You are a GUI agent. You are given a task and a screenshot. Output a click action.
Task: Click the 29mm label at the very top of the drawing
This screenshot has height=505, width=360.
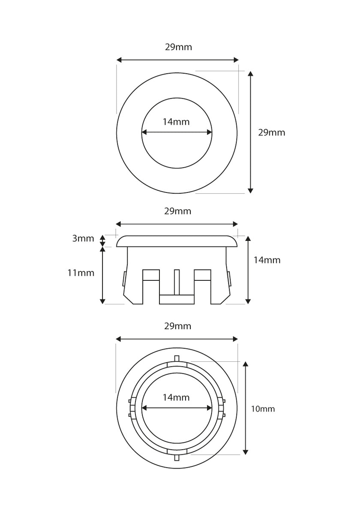click(178, 47)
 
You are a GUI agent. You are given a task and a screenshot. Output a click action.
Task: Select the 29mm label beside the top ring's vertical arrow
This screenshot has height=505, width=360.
click(271, 132)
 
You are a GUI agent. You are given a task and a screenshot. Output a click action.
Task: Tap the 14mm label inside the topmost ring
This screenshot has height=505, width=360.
click(176, 122)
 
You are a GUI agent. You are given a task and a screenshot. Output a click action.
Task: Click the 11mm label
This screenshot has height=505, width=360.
click(81, 273)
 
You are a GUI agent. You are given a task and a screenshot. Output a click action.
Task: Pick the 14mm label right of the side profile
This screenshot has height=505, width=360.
click(267, 260)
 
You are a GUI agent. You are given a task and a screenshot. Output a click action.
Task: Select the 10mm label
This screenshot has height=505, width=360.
click(263, 409)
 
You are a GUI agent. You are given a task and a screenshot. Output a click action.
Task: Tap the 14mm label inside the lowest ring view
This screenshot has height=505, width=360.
click(176, 397)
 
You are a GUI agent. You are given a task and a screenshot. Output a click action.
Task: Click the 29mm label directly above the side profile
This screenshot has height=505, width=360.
click(177, 211)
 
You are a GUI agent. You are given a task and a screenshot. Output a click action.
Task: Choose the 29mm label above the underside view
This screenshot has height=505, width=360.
click(177, 326)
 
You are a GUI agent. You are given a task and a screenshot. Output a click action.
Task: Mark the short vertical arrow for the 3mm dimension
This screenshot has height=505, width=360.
click(102, 240)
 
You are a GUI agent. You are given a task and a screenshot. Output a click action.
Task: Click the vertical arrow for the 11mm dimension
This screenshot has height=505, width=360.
click(102, 275)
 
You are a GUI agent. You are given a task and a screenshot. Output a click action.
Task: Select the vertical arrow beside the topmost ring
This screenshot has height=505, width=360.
click(251, 132)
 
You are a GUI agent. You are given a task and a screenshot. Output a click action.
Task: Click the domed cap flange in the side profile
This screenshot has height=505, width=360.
click(177, 241)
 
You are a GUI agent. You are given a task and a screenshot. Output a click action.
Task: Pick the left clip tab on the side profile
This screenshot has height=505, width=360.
click(124, 280)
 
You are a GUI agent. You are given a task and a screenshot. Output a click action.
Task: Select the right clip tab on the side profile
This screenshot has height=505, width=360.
click(229, 280)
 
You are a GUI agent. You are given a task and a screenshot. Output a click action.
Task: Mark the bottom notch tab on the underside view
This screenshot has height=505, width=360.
click(177, 457)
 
